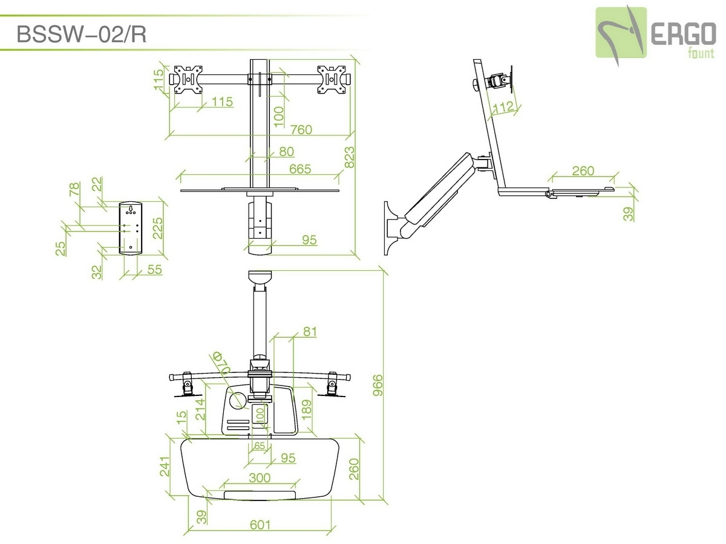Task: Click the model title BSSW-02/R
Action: (81, 34)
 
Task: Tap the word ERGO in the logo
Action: (683, 34)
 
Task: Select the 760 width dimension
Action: (301, 129)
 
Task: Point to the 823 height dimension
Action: (349, 157)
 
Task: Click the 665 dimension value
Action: (300, 169)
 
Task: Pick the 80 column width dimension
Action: (286, 152)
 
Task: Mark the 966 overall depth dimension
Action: (378, 385)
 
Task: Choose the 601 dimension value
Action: (260, 525)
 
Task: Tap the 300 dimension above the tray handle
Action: (260, 478)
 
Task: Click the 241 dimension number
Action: (165, 467)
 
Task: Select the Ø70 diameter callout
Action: (221, 363)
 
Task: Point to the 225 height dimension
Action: (158, 228)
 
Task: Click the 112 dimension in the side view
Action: (503, 107)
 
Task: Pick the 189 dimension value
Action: (307, 410)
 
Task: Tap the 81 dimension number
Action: (310, 332)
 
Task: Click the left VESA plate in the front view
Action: (188, 80)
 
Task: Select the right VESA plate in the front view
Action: (332, 80)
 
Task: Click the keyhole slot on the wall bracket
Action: (131, 209)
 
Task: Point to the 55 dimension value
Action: (154, 270)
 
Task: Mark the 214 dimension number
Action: (200, 410)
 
